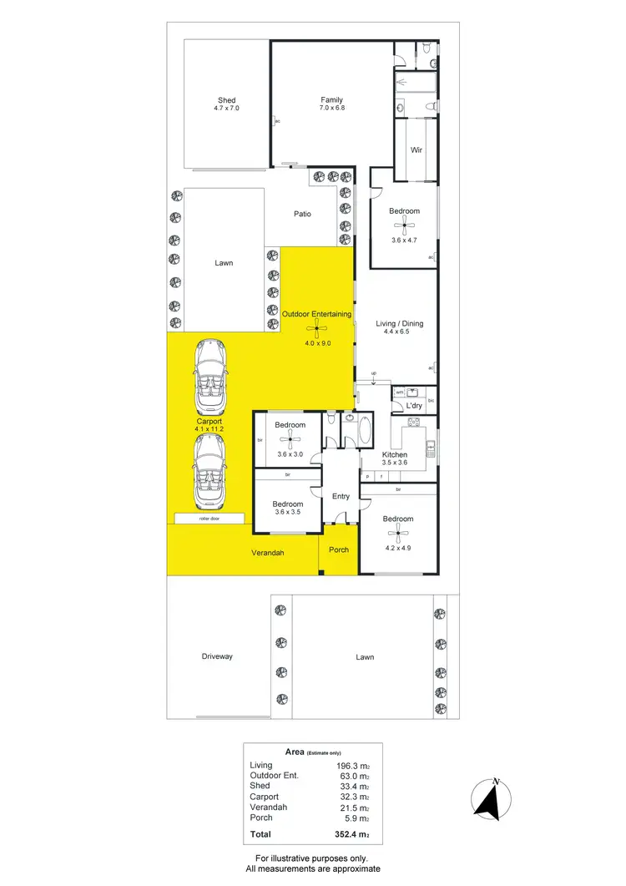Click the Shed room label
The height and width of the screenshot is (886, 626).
[x=227, y=100]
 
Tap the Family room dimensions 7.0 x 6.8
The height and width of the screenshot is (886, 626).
[x=331, y=109]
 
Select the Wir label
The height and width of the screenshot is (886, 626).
[x=415, y=150]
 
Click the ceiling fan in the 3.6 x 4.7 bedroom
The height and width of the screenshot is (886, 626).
[x=405, y=224]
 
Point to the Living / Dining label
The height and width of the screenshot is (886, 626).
[x=400, y=323]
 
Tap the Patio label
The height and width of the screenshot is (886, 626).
[x=302, y=214]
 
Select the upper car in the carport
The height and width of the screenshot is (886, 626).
[x=209, y=377]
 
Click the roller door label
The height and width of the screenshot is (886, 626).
[x=210, y=519]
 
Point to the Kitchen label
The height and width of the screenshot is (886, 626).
[x=394, y=454]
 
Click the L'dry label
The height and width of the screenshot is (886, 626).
[x=414, y=407]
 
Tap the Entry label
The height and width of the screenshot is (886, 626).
[x=341, y=496]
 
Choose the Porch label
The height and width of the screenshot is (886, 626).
[x=339, y=549]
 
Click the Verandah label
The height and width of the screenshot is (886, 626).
[x=268, y=554]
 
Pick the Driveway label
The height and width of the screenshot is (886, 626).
[x=217, y=656]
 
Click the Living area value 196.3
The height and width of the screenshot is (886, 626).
[x=349, y=765]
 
